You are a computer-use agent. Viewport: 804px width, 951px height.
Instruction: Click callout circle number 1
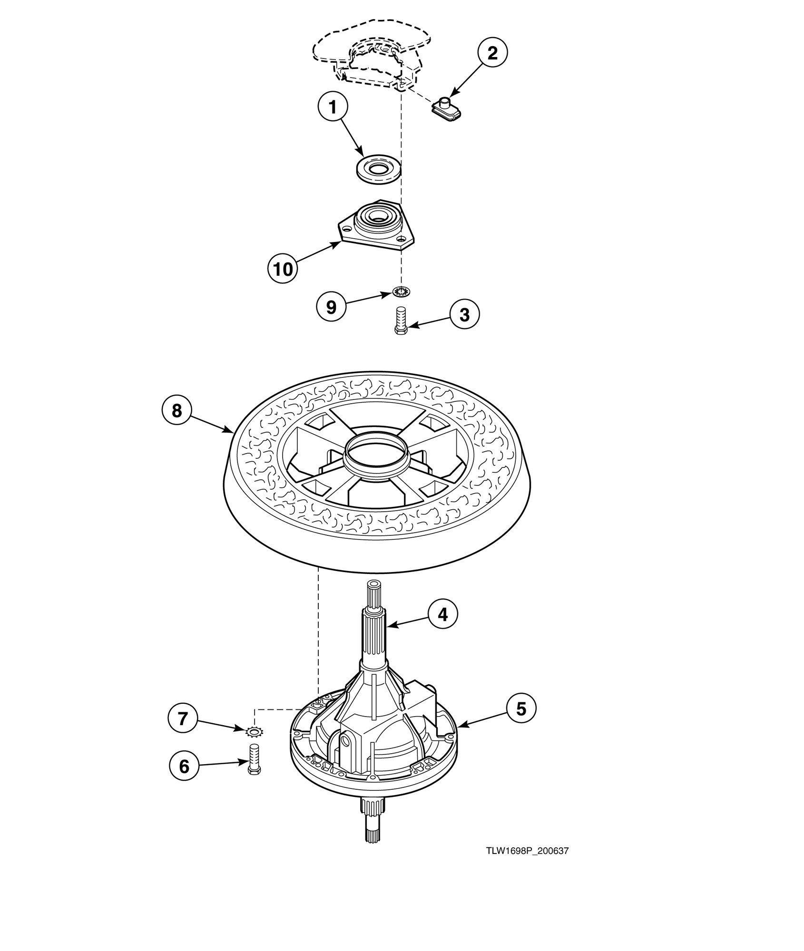pyautogui.click(x=333, y=108)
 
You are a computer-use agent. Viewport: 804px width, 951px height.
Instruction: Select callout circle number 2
pyautogui.click(x=492, y=52)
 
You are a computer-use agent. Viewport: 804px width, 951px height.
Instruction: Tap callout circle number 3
pyautogui.click(x=464, y=314)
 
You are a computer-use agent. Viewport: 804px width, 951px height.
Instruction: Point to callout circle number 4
pyautogui.click(x=442, y=615)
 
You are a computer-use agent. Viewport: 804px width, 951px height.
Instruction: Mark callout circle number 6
pyautogui.click(x=184, y=766)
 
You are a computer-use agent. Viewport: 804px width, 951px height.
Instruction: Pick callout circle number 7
pyautogui.click(x=183, y=719)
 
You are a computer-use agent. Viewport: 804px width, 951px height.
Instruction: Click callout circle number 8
pyautogui.click(x=176, y=410)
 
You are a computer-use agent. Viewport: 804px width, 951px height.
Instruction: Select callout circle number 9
pyautogui.click(x=331, y=307)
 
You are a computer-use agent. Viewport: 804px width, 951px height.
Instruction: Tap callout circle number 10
pyautogui.click(x=283, y=269)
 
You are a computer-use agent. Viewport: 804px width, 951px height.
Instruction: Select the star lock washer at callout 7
pyautogui.click(x=255, y=732)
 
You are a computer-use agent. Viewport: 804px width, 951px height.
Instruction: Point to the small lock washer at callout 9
pyautogui.click(x=401, y=291)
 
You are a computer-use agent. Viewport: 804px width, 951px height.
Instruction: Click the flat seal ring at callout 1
pyautogui.click(x=379, y=170)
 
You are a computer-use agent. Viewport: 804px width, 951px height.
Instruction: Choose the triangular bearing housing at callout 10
pyautogui.click(x=376, y=228)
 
